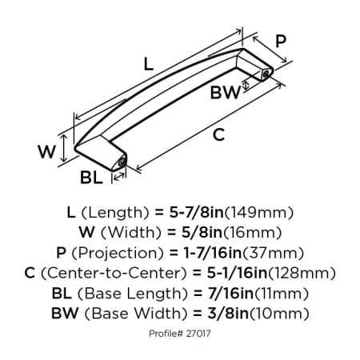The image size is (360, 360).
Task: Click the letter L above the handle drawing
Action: click(x=149, y=64)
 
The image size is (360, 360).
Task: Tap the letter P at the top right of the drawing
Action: click(x=281, y=41)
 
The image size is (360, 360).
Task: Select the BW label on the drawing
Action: click(x=226, y=92)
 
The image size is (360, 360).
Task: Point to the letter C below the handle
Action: click(x=218, y=134)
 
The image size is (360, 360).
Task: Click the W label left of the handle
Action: click(x=46, y=151)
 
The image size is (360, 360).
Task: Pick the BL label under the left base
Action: click(x=91, y=178)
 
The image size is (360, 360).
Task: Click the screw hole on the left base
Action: click(x=122, y=162)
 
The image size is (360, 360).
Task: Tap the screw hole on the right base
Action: click(x=266, y=74)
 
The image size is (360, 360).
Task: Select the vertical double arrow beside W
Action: click(x=63, y=148)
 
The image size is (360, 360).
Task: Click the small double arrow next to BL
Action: click(x=118, y=176)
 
